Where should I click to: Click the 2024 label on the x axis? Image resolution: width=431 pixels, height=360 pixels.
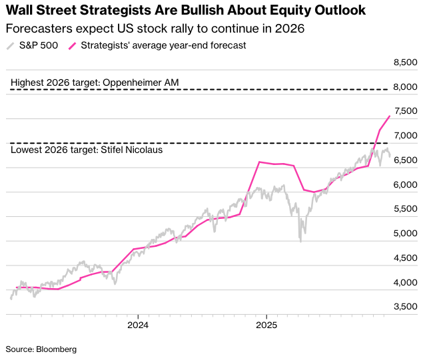pos(137,326)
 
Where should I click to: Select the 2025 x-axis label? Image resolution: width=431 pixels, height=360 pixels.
pos(266,326)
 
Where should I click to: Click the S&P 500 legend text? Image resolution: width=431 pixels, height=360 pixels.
pos(38,46)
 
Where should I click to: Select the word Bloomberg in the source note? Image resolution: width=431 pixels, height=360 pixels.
pos(58,349)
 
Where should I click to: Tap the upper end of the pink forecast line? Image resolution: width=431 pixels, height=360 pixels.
pos(389,116)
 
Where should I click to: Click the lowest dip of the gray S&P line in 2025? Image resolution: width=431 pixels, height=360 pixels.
pos(300,240)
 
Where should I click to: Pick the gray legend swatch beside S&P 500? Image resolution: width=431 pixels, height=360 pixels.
pos(10,46)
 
